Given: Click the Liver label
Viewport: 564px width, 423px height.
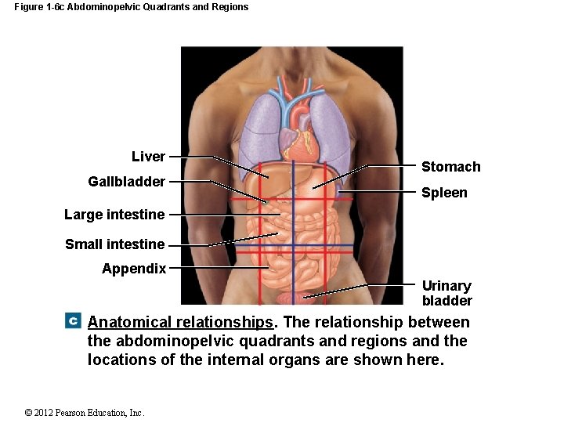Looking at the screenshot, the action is (x=148, y=157).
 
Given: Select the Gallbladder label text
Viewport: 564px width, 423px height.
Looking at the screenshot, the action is (x=126, y=182).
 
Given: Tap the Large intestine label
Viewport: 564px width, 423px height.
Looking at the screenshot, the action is (x=114, y=215).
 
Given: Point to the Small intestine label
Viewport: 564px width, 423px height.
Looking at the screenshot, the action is (x=114, y=244).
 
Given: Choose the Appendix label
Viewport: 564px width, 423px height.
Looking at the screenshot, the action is (x=134, y=269).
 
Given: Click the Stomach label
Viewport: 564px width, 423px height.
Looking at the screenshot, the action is (x=450, y=167).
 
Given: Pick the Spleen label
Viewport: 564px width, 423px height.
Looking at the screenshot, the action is (x=444, y=193).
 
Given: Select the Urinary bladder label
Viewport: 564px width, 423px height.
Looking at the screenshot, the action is (x=446, y=293).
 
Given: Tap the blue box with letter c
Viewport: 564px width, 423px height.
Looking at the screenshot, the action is (x=73, y=320).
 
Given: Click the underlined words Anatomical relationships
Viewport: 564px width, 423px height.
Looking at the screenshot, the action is (x=181, y=323).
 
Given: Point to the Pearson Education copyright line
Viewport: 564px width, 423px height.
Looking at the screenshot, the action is (x=85, y=413).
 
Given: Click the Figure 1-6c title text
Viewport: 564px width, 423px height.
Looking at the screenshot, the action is (x=132, y=7).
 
